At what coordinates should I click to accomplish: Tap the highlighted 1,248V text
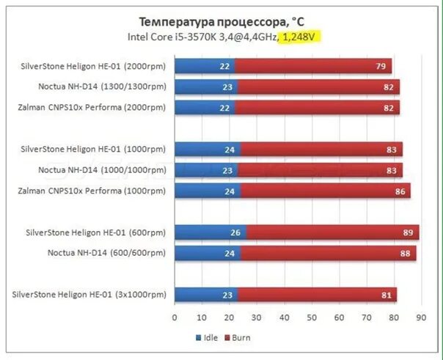[x=301, y=36]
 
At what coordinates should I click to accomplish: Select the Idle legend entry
[x=208, y=338]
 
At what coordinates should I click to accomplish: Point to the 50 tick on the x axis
[x=311, y=318]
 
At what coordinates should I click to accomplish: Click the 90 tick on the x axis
[x=421, y=318]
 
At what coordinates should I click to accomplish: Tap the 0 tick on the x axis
[x=175, y=318]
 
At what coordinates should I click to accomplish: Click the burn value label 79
[x=381, y=67]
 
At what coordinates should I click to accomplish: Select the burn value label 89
[x=408, y=232]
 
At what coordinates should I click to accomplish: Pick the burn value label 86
[x=400, y=191]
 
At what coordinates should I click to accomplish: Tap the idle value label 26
[x=235, y=232]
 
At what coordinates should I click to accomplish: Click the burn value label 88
[x=405, y=253]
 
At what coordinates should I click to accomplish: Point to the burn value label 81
[x=386, y=295]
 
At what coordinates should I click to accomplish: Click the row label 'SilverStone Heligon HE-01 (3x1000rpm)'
[x=89, y=295]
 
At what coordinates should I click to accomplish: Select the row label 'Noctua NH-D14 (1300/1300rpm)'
[x=103, y=87]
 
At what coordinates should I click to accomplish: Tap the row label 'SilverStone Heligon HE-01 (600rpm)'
[x=95, y=232]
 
